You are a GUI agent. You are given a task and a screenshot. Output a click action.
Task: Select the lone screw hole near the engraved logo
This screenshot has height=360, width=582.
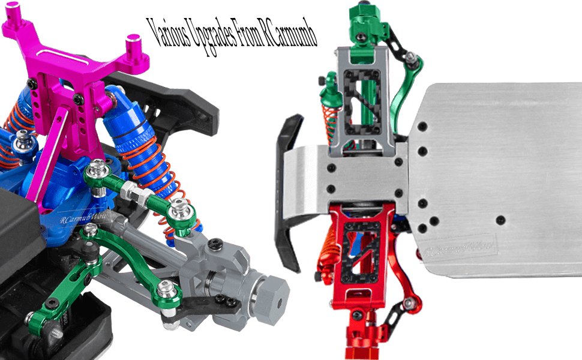click(500, 220)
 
